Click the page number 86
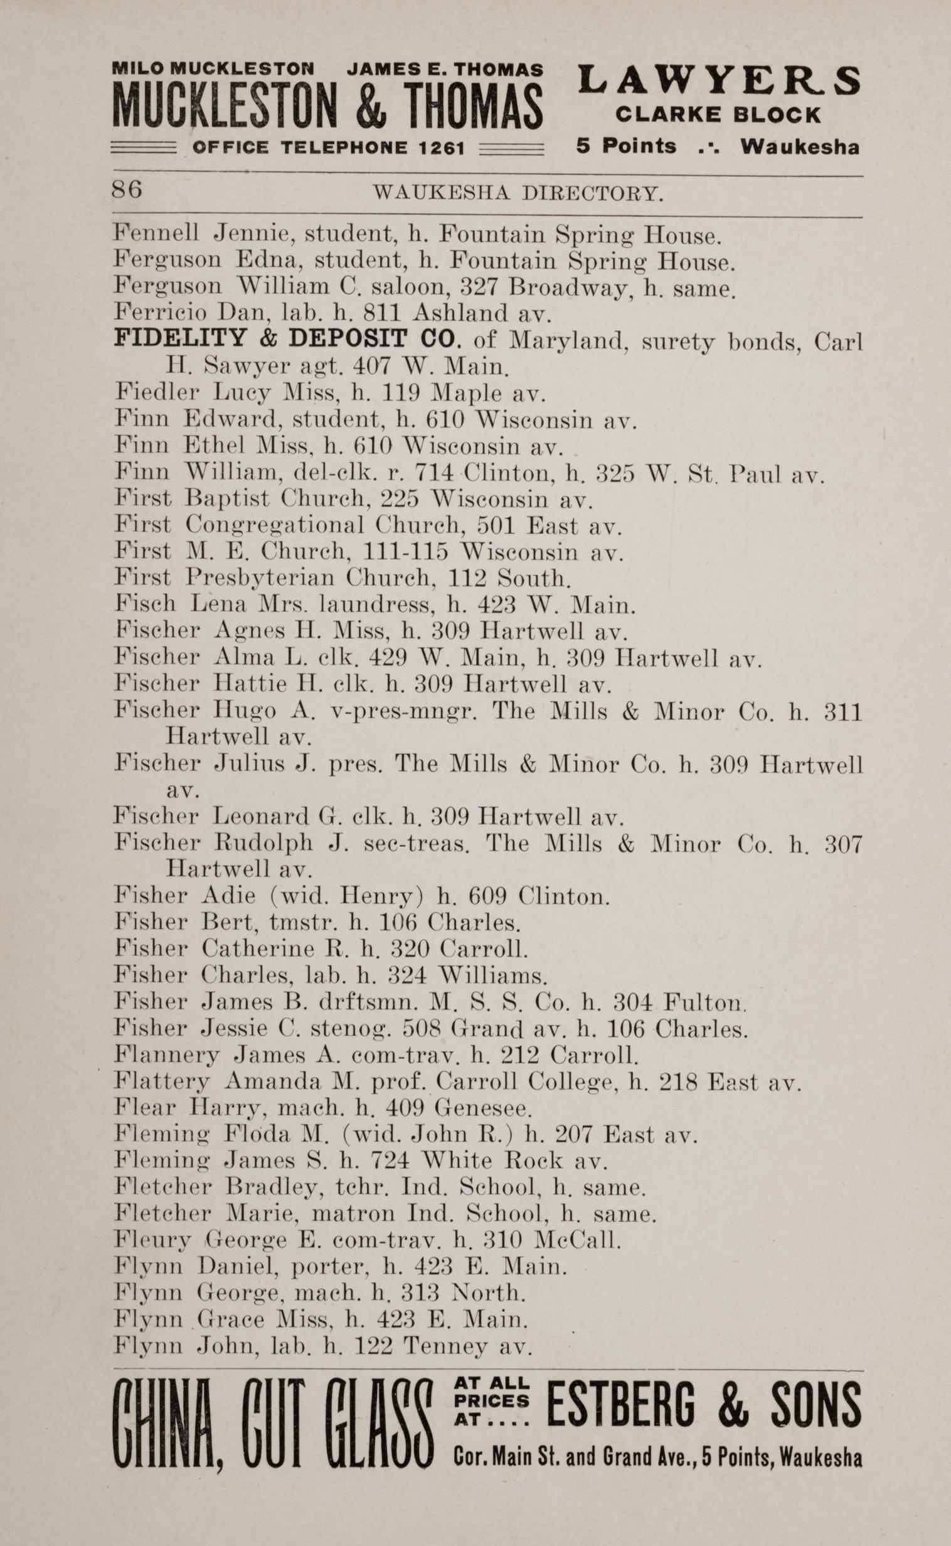click(127, 190)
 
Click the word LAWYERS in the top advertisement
click(719, 81)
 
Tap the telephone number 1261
click(442, 149)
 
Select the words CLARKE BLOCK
click(718, 115)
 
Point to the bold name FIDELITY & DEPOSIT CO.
click(287, 339)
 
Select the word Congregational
click(275, 525)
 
